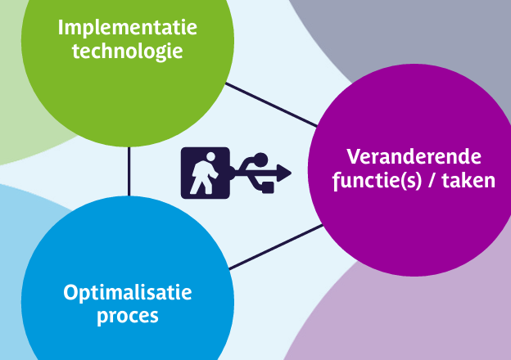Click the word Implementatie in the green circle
tap(128, 29)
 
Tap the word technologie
tap(128, 52)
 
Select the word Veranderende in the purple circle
tap(414, 157)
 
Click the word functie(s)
tap(378, 181)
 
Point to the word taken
tap(468, 180)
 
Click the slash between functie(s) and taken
tap(432, 181)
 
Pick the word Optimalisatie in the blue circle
tap(128, 293)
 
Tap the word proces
tap(128, 317)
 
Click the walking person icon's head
tap(210, 156)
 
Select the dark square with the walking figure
tap(206, 173)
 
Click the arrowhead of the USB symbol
tap(284, 173)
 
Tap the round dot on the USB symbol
tap(260, 160)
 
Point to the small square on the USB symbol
tap(268, 187)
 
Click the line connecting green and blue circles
tap(129, 172)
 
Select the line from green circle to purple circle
tap(271, 105)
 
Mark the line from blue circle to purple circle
tap(276, 247)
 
